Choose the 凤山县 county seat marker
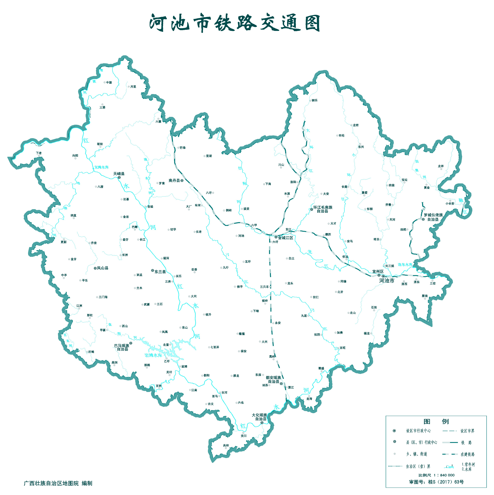(95, 268)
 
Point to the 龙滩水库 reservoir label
(101, 167)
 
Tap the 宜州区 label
(378, 271)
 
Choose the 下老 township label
(39, 153)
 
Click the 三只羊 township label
(264, 287)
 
